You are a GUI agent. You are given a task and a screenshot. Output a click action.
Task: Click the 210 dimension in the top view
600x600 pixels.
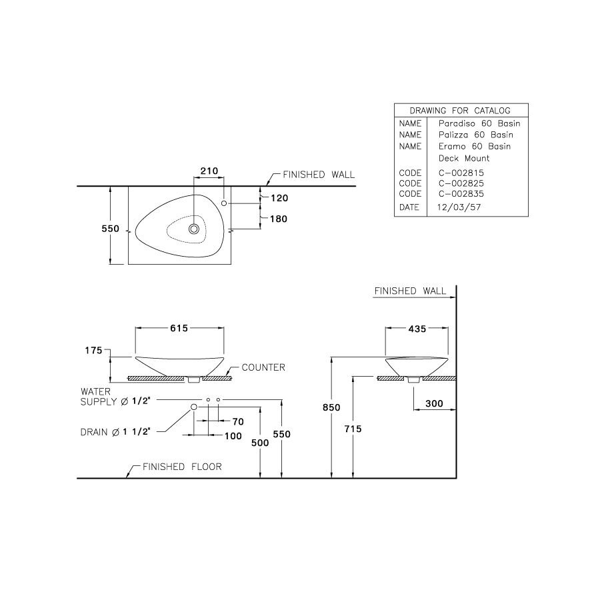pyautogui.click(x=209, y=172)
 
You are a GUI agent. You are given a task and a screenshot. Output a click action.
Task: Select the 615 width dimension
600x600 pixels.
pyautogui.click(x=179, y=328)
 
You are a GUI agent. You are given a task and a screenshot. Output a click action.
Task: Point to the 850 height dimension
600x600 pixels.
pyautogui.click(x=332, y=407)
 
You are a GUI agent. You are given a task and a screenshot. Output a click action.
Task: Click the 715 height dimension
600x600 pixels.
pyautogui.click(x=353, y=429)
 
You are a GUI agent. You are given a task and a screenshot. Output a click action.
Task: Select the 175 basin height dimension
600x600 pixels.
pyautogui.click(x=92, y=350)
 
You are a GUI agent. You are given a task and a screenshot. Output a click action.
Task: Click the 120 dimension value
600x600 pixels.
pyautogui.click(x=279, y=198)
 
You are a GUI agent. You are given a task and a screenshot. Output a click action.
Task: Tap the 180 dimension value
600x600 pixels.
pyautogui.click(x=279, y=219)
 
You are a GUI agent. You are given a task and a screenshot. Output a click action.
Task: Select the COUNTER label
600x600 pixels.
pyautogui.click(x=263, y=367)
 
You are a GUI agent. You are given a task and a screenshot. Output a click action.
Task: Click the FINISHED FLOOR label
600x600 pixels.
pyautogui.click(x=182, y=467)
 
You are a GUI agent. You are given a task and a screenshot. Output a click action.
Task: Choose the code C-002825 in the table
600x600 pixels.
pyautogui.click(x=461, y=183)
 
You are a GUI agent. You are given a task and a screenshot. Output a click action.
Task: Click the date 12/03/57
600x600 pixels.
pyautogui.click(x=459, y=207)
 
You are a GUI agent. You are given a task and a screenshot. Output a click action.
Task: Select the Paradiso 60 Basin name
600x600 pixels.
pyautogui.click(x=479, y=123)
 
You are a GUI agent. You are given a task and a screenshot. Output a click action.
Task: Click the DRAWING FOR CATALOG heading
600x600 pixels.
pyautogui.click(x=461, y=111)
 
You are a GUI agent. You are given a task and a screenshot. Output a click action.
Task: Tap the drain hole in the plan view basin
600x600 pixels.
pyautogui.click(x=194, y=229)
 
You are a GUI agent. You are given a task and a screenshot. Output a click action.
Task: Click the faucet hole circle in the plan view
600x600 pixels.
pyautogui.click(x=224, y=202)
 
